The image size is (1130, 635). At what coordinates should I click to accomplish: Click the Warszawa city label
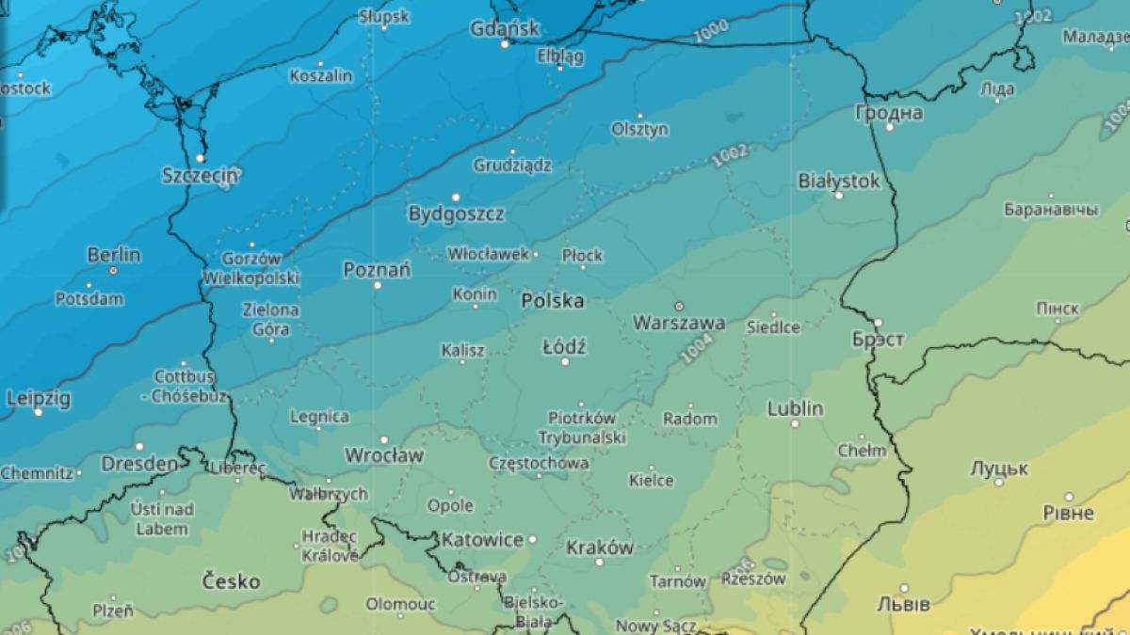pos(678,324)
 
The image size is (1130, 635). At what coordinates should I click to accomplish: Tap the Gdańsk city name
pos(504,28)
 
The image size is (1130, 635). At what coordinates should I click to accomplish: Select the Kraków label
pos(600,548)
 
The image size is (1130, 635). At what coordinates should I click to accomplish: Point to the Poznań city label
pos(377,271)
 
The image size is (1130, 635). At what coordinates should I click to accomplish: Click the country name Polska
pos(552,301)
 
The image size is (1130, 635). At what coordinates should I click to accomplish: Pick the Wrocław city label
pos(383,455)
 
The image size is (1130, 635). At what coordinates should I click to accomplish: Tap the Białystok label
pos(838,180)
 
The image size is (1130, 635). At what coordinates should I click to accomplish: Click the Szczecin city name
pos(201,175)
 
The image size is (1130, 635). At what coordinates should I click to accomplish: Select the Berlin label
pos(114,255)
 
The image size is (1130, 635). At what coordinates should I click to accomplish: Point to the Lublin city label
pos(795,408)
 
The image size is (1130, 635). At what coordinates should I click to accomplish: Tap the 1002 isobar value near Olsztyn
pos(730,155)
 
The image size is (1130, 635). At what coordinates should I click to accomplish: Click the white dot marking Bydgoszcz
pos(457,198)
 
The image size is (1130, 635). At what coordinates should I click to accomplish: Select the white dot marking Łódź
pos(565,361)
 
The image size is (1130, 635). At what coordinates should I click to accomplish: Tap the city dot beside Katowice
pos(532,540)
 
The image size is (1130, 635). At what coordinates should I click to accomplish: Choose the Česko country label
pos(231,581)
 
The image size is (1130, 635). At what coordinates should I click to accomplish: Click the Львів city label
pos(903,603)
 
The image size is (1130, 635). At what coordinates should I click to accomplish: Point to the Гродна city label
pos(888,113)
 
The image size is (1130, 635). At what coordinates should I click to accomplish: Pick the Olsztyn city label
pos(639,129)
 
